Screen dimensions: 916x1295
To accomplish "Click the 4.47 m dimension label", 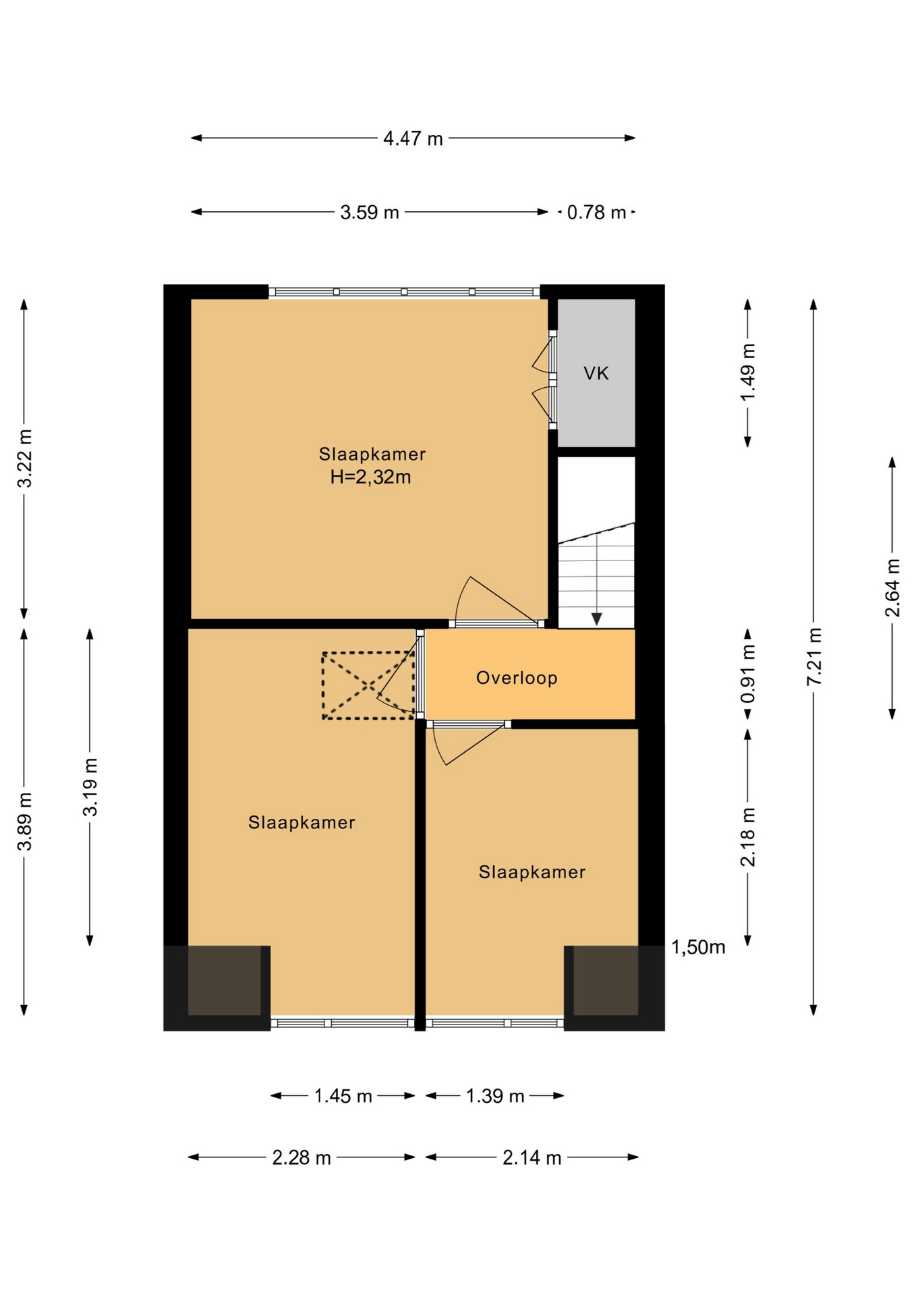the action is click(x=413, y=138).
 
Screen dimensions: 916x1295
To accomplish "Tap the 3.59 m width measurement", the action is click(x=370, y=212).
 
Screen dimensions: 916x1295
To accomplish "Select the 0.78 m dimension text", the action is click(x=596, y=212).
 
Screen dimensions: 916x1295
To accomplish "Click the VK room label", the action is click(x=596, y=373).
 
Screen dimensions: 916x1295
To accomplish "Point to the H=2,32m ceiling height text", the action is click(x=370, y=478).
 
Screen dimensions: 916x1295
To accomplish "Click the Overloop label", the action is click(x=517, y=678).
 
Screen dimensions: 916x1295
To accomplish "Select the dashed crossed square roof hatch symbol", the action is click(x=368, y=685).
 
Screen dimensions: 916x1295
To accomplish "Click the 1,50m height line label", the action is click(x=698, y=948).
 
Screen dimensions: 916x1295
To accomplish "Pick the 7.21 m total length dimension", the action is click(x=814, y=656).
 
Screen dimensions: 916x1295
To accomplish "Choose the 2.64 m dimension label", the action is click(x=892, y=587).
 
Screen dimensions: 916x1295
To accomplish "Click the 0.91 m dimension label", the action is click(x=748, y=674).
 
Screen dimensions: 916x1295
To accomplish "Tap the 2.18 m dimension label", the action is click(x=748, y=837).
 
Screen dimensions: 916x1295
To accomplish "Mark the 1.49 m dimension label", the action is click(x=748, y=372).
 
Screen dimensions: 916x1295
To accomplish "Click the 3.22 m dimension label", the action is click(x=24, y=458).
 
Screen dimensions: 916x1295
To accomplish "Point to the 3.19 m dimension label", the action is click(x=90, y=787).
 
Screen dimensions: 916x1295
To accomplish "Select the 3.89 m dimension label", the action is click(x=24, y=822).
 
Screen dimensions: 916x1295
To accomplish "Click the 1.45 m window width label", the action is click(x=343, y=1096).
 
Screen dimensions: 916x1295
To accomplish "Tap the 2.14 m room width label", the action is click(x=532, y=1158).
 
